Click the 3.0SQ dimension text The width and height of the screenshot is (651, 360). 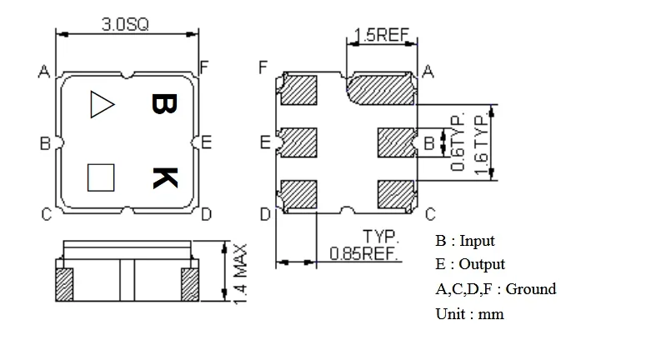(125, 25)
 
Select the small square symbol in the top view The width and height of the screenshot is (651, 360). (101, 177)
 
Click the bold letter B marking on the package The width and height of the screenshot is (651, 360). (163, 103)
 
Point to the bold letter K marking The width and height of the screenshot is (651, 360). (164, 177)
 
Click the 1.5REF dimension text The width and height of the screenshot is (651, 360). (380, 35)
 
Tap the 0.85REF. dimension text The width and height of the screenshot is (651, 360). (365, 253)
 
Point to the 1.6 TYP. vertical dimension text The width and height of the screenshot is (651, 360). (480, 143)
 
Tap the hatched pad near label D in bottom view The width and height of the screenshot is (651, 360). (299, 195)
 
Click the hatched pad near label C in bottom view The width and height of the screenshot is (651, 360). (395, 195)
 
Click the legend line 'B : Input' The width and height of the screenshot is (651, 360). (464, 241)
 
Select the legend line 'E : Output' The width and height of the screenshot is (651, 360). (469, 264)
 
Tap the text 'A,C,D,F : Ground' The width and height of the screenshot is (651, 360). (495, 289)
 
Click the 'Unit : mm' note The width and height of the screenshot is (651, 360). (469, 314)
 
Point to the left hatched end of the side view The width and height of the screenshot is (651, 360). (64, 285)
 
